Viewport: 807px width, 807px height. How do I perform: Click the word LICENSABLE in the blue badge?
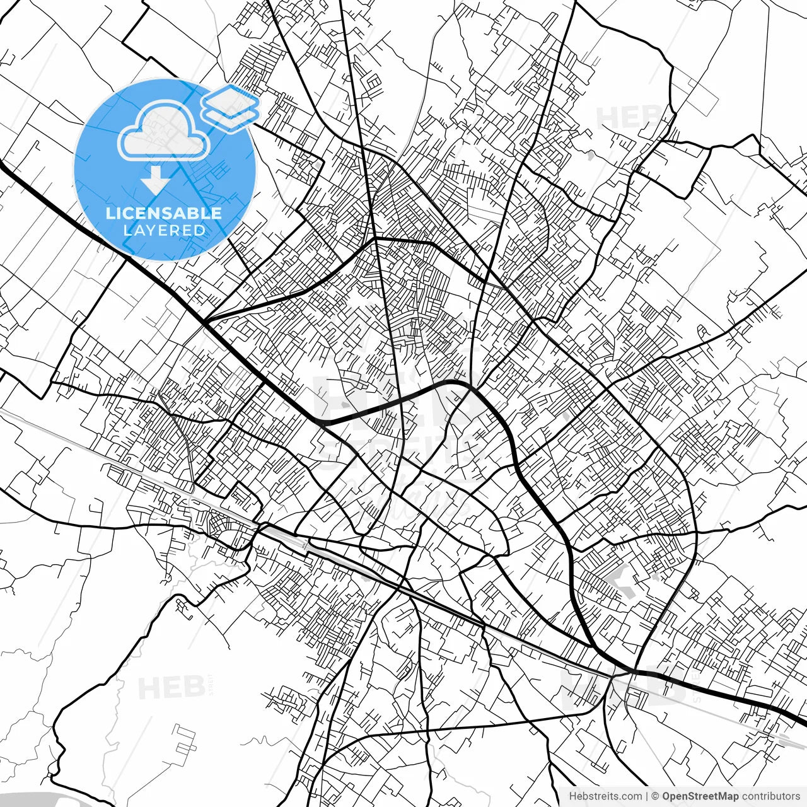(164, 213)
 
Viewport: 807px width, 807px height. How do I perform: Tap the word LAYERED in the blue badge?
(164, 230)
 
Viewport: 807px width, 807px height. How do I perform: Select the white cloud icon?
(164, 131)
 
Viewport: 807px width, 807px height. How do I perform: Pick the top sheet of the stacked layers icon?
(231, 98)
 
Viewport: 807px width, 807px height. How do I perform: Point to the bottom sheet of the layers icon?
(231, 118)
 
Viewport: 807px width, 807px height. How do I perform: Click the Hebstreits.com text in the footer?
(606, 796)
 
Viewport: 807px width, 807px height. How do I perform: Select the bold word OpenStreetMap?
(700, 796)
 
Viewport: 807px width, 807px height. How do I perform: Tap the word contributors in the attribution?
(771, 796)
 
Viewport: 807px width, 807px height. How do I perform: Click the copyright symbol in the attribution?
(656, 796)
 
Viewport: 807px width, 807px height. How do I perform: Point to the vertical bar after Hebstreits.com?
(647, 796)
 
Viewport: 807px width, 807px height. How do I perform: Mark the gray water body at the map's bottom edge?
(38, 799)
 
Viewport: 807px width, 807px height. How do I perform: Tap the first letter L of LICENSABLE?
(110, 213)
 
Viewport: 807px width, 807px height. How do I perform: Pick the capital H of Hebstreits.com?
(572, 796)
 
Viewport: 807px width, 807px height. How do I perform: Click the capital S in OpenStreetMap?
(692, 796)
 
